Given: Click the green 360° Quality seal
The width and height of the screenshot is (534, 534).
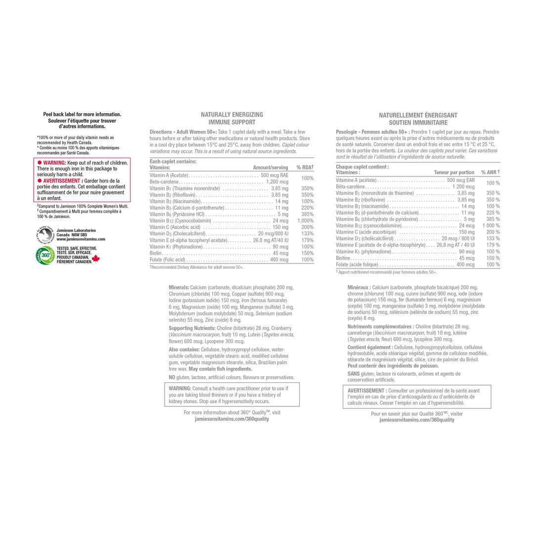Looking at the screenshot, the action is tap(45, 255).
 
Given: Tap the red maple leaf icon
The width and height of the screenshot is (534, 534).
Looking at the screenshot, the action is tap(96, 259).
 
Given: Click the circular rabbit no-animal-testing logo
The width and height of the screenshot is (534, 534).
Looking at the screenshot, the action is tap(45, 235).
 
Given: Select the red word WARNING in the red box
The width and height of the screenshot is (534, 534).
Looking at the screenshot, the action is tap(54, 163).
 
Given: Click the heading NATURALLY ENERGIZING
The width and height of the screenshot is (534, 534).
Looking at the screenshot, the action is tap(232, 115).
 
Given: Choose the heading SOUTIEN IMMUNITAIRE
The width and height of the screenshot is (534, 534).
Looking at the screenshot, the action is tap(418, 123).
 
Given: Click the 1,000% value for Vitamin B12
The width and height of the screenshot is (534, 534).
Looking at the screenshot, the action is tap(306, 221).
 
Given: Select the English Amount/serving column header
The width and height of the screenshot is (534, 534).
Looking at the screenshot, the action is tap(270, 168).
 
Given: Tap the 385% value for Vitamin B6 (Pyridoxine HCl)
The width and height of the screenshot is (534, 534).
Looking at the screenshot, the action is tap(307, 214).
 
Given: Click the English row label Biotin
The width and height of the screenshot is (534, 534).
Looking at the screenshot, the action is tap(156, 253).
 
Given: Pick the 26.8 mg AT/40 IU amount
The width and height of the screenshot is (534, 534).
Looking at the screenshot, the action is tap(270, 240).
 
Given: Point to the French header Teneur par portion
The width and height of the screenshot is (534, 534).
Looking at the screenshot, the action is tap(454, 173).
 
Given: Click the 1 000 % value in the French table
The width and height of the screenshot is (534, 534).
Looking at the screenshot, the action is tap(491, 225).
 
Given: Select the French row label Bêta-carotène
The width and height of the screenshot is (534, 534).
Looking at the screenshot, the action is tap(350, 186).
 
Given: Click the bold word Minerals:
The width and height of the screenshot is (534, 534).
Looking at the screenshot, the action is tap(179, 287).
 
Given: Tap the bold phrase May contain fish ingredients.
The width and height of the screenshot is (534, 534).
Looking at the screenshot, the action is tap(221, 369).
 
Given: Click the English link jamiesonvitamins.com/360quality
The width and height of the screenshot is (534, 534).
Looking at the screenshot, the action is tap(232, 419).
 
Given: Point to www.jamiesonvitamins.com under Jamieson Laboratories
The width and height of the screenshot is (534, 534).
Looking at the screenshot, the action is tap(81, 239).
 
